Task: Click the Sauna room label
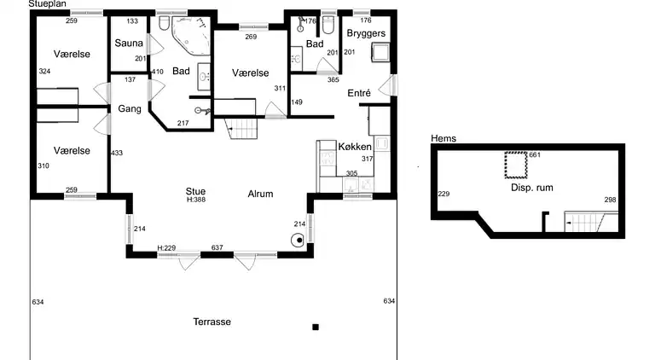tap(129, 43)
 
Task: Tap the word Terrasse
tap(212, 322)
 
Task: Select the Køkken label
tap(355, 147)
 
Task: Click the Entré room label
tap(359, 93)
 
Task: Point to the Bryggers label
tap(366, 33)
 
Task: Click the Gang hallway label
tap(130, 109)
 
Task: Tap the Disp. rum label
tap(532, 188)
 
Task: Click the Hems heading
tap(443, 138)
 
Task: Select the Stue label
tap(195, 191)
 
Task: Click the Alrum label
tap(260, 194)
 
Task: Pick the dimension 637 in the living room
tap(217, 247)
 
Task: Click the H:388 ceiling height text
tap(196, 200)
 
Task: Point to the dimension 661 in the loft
tap(535, 155)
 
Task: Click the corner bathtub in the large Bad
tap(191, 36)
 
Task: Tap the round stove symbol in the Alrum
tap(299, 240)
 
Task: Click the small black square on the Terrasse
tap(316, 327)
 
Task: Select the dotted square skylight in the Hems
tap(516, 165)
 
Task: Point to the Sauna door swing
tap(155, 44)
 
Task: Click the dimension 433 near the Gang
tap(117, 154)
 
